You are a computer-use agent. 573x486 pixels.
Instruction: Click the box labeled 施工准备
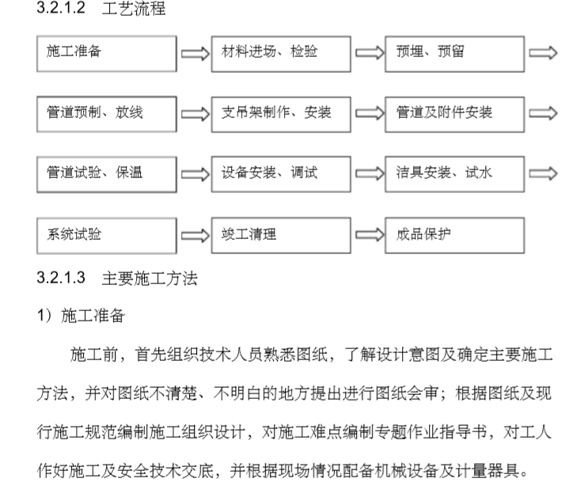pos(107,54)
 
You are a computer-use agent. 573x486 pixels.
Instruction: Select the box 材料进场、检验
pos(281,54)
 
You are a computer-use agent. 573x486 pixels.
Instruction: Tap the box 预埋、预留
pos(454,54)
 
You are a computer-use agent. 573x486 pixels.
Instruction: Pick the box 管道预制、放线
pos(107,114)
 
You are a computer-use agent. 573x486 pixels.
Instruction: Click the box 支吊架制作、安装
pos(281,114)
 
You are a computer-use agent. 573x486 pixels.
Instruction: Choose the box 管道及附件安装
pos(454,114)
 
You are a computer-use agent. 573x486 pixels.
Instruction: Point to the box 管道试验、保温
pos(107,175)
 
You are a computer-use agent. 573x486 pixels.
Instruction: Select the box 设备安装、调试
pos(281,175)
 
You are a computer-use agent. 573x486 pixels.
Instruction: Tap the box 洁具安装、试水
pos(454,175)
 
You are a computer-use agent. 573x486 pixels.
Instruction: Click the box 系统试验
pos(107,236)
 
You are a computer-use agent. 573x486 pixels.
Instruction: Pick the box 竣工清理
pos(281,236)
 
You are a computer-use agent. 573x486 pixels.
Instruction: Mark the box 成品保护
pos(454,236)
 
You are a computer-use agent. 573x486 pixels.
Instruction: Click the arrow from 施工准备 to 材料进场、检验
pos(195,54)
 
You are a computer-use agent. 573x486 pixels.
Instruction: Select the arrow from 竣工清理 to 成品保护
pos(370,235)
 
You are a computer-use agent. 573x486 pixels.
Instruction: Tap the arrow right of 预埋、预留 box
pos(543,53)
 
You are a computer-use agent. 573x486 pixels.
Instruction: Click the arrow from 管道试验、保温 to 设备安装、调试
pos(195,174)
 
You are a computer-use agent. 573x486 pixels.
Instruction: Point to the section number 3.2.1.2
pos(61,8)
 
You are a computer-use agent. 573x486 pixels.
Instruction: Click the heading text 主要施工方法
pos(150,279)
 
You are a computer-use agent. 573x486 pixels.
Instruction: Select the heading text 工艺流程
pos(134,9)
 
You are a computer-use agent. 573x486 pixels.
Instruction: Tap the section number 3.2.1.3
pos(61,278)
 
